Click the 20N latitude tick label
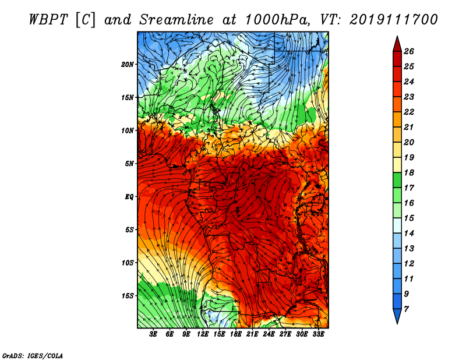point(127,65)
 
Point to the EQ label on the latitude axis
point(129,197)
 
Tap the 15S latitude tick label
point(127,296)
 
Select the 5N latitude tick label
point(129,164)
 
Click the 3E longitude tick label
point(153,334)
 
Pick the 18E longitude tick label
point(235,334)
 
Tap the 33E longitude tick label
point(318,334)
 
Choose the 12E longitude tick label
point(202,334)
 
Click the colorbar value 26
point(409,51)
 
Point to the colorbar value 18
point(409,172)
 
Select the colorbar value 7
point(406,309)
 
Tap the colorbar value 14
point(409,234)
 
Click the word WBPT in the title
point(49,20)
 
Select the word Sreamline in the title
point(176,20)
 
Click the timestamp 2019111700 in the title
point(394,20)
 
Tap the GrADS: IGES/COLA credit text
point(33,356)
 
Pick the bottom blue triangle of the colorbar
point(397,315)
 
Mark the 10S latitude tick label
point(127,263)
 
